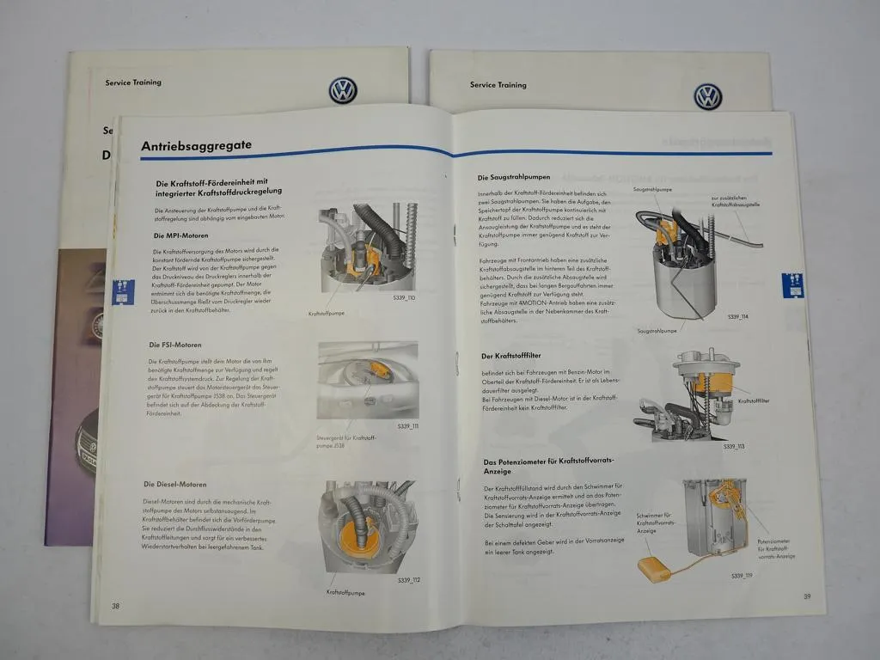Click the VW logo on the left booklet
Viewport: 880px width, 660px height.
pyautogui.click(x=342, y=90)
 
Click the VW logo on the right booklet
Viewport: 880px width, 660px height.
pyautogui.click(x=707, y=96)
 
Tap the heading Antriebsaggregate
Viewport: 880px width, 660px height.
pyautogui.click(x=196, y=145)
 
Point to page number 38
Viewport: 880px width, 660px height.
pyautogui.click(x=115, y=606)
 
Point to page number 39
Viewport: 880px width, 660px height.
pyautogui.click(x=806, y=596)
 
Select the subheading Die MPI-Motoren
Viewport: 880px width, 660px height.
pyautogui.click(x=180, y=235)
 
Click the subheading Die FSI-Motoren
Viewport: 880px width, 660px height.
pyautogui.click(x=174, y=345)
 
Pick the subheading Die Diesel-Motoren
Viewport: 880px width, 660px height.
pyautogui.click(x=174, y=485)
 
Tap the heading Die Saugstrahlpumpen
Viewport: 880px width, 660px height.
pyautogui.click(x=514, y=177)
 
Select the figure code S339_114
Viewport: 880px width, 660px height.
pyautogui.click(x=737, y=317)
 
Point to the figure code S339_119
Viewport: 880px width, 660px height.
pyautogui.click(x=741, y=575)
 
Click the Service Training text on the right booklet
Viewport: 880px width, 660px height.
pyautogui.click(x=498, y=85)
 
